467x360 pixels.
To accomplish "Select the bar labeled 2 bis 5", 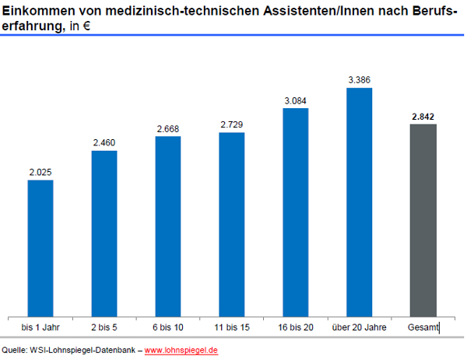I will (104, 232).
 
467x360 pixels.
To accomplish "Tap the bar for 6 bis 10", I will (168, 225).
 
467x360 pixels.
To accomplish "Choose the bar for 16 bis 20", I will (296, 211).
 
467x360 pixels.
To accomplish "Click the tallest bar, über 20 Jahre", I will (360, 201).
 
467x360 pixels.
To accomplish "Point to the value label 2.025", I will (40, 172).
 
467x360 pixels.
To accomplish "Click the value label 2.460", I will (104, 142).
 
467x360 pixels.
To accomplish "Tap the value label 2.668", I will (168, 128).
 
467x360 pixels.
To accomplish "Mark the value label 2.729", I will (232, 124).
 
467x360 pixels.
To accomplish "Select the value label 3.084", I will (296, 100).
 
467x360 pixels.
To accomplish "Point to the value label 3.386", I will (360, 80).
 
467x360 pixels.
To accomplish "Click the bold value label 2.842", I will (423, 117).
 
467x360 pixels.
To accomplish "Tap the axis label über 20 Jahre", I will (359, 327).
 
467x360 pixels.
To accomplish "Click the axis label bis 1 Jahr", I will (40, 327).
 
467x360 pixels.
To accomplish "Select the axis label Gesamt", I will (423, 327).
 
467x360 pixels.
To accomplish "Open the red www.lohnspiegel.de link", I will (181, 350).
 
